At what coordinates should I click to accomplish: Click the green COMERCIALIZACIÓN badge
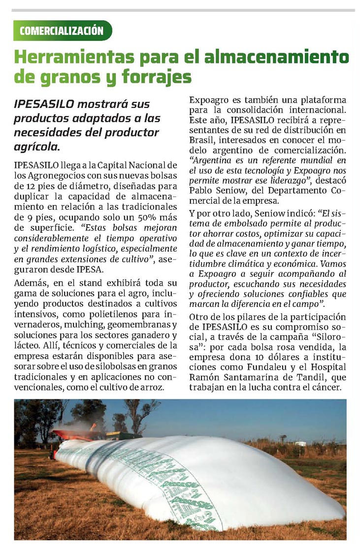pyautogui.click(x=63, y=31)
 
